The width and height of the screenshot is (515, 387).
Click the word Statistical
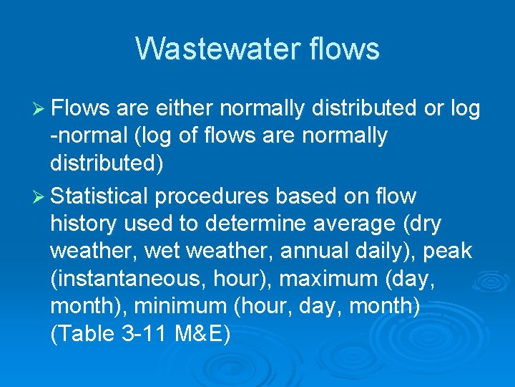coord(99,196)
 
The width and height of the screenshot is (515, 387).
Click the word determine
coord(257,224)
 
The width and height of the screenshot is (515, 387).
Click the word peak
coord(446,251)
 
